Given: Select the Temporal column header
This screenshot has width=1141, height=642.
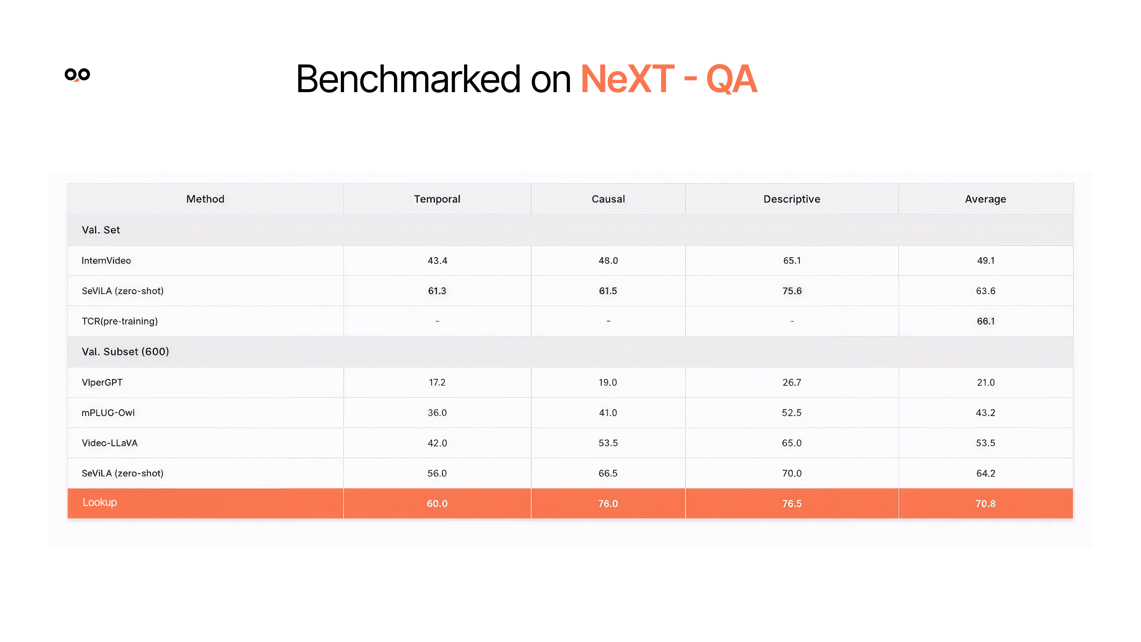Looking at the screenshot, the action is point(437,199).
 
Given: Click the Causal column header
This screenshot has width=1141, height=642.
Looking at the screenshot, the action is point(608,199).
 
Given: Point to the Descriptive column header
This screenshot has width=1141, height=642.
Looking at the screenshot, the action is point(792,199).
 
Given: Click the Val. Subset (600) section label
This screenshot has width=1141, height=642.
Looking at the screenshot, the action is point(125,351).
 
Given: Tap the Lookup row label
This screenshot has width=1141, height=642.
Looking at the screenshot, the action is point(100,502).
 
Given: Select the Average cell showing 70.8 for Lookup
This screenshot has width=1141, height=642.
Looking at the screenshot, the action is point(986,503).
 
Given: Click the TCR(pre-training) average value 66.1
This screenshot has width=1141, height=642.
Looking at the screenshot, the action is point(986,321).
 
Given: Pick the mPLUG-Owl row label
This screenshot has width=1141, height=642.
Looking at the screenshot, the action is point(108,413).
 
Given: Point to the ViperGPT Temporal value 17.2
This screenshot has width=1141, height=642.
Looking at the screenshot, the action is point(437,382).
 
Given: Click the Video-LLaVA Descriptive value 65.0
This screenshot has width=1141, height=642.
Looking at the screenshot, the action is point(792,443).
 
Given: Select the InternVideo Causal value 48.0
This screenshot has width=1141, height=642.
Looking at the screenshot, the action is point(608,261).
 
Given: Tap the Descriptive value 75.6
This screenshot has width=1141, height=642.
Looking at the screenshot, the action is point(792,291).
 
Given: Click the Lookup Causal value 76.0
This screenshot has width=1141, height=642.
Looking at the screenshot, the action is point(608,503).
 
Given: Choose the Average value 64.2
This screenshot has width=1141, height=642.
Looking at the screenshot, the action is point(986,473).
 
